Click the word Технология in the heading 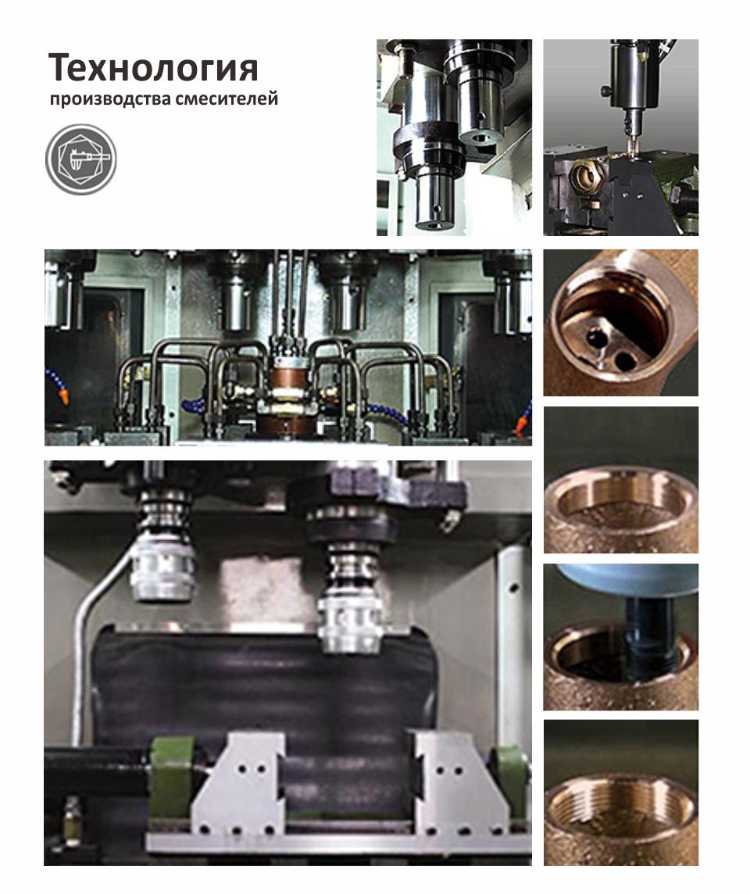[153, 67]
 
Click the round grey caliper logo [81, 159]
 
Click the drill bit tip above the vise [631, 149]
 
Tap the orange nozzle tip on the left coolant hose [64, 397]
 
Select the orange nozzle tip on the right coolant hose [520, 425]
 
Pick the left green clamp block [171, 775]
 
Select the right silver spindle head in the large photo [350, 623]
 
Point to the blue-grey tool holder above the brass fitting [627, 580]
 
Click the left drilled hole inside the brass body [596, 339]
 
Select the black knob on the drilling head [606, 91]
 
